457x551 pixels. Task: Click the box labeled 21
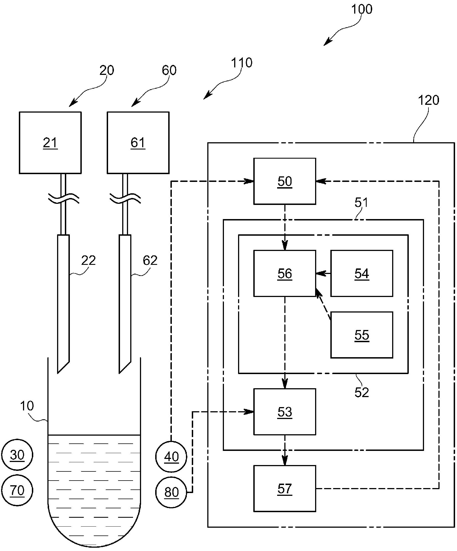click(50, 143)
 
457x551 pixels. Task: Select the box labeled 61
click(138, 143)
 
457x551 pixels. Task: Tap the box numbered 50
click(285, 181)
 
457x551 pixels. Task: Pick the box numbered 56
click(285, 273)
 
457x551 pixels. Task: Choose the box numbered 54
click(362, 273)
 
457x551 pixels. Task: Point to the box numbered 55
click(362, 335)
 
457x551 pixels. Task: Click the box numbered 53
click(285, 412)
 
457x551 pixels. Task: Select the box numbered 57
click(285, 489)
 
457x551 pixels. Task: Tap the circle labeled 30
click(17, 455)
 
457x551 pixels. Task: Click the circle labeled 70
click(17, 490)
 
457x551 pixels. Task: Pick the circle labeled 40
click(171, 456)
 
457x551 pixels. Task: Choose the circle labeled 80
click(171, 492)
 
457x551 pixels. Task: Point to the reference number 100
click(362, 9)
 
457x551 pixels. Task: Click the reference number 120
click(428, 100)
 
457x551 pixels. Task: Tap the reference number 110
click(242, 63)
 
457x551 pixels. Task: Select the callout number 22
click(88, 260)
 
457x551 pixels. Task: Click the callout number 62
click(150, 260)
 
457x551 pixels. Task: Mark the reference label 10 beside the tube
click(27, 406)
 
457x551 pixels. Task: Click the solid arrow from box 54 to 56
click(323, 274)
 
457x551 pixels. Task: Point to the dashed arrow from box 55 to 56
click(323, 304)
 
